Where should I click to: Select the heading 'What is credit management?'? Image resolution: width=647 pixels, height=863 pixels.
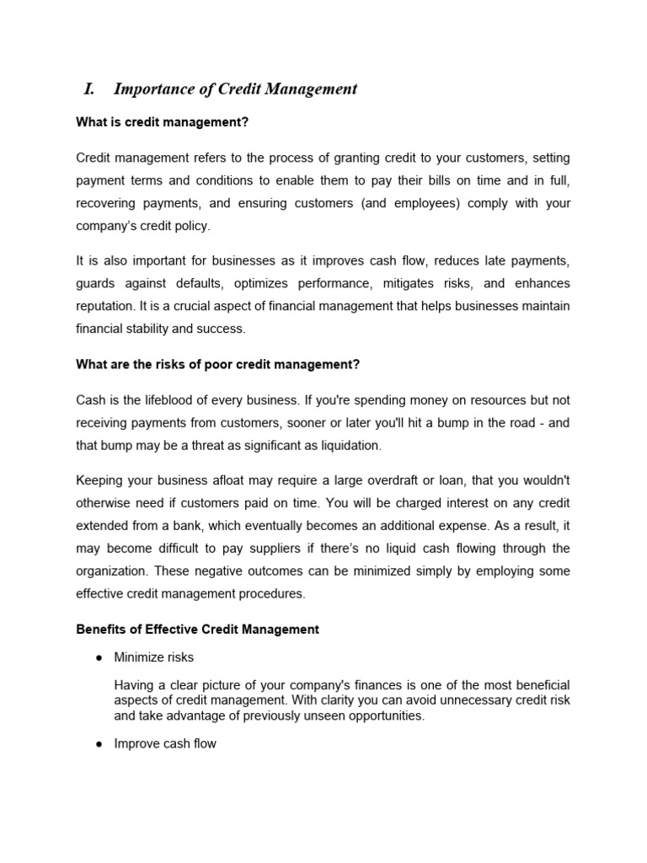[x=162, y=123]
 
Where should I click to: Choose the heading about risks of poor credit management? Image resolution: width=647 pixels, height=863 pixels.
[x=217, y=364]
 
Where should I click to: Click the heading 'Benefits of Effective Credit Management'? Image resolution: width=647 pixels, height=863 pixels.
[x=197, y=629]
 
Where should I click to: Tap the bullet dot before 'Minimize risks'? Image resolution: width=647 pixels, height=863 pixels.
[x=99, y=657]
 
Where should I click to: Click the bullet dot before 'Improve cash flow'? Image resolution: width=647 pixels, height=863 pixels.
[x=99, y=743]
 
